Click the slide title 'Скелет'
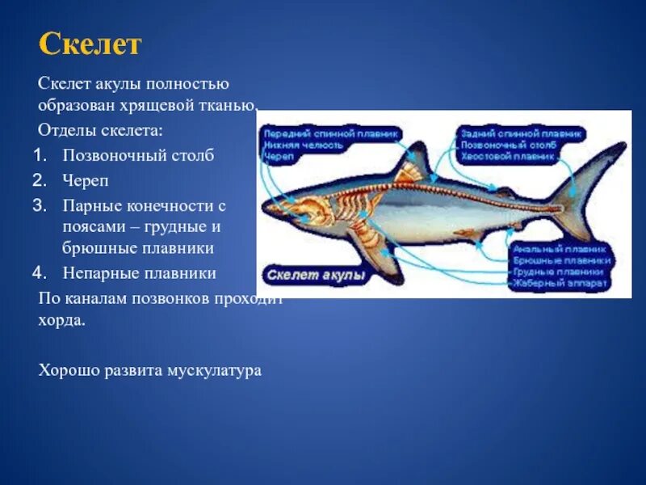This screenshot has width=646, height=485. pyautogui.click(x=90, y=44)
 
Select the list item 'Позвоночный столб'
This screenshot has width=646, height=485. pyautogui.click(x=138, y=155)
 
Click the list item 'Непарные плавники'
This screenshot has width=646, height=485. pyautogui.click(x=139, y=272)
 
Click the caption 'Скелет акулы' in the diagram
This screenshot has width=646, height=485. pyautogui.click(x=315, y=275)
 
